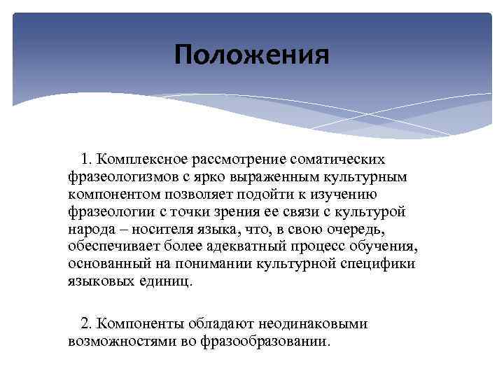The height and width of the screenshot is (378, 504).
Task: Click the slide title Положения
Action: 252,55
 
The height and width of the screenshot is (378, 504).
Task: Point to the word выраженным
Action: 267,178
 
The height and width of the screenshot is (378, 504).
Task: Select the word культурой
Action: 355,212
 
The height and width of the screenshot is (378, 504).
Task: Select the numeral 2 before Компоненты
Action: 85,324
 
